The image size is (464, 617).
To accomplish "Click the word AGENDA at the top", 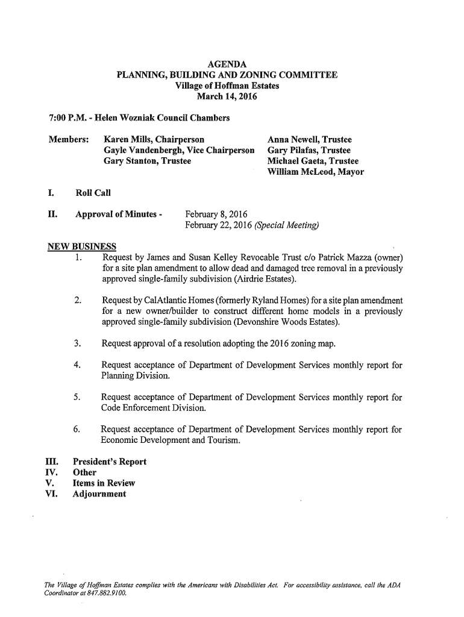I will [x=227, y=64].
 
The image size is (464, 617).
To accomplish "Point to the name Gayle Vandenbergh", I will [x=143, y=150].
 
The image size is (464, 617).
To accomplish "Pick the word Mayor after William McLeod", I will [x=350, y=172].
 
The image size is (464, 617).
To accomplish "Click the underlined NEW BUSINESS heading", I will [x=82, y=248].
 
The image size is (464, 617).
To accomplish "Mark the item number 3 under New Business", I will [x=77, y=344].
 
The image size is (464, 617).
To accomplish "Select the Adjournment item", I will [x=99, y=494].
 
